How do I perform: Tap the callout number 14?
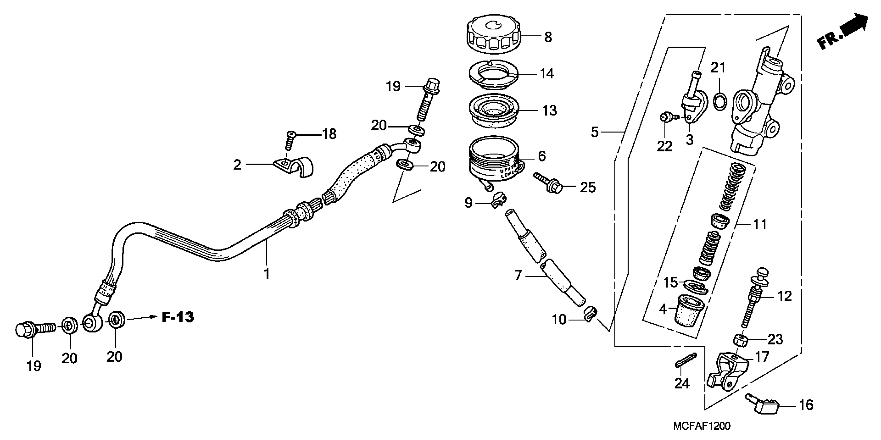(547, 74)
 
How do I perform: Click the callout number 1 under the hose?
(267, 274)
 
